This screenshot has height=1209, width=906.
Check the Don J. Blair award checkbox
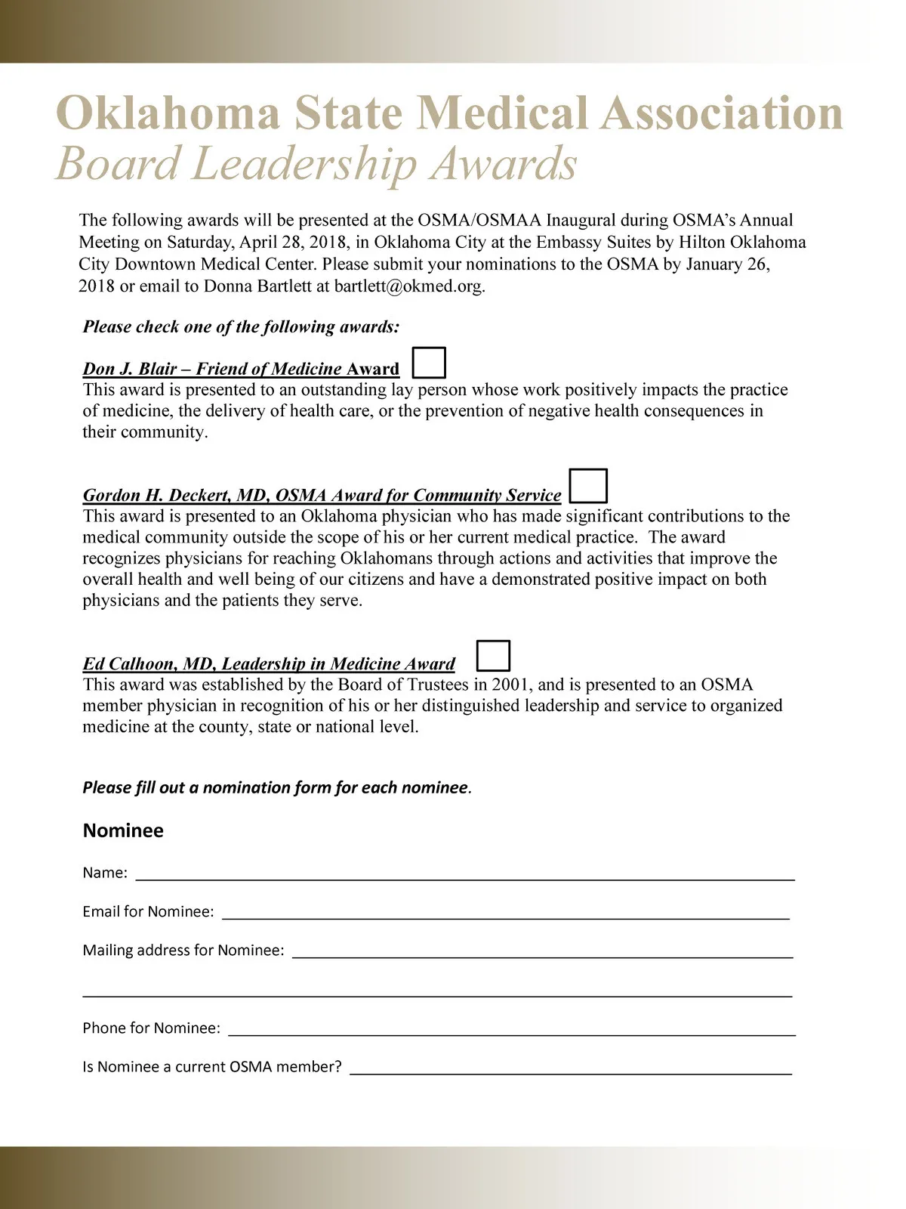tap(430, 363)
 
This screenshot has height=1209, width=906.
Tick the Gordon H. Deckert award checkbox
tap(588, 486)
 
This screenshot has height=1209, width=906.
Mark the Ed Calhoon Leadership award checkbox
tap(494, 656)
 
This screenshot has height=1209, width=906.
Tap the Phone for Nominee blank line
tap(511, 1029)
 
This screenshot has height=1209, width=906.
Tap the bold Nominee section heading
tap(123, 830)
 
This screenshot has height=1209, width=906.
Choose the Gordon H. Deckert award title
tap(322, 495)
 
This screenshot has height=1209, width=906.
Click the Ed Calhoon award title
tap(269, 663)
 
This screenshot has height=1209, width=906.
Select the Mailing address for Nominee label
tap(183, 951)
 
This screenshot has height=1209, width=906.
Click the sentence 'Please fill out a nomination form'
tap(276, 787)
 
